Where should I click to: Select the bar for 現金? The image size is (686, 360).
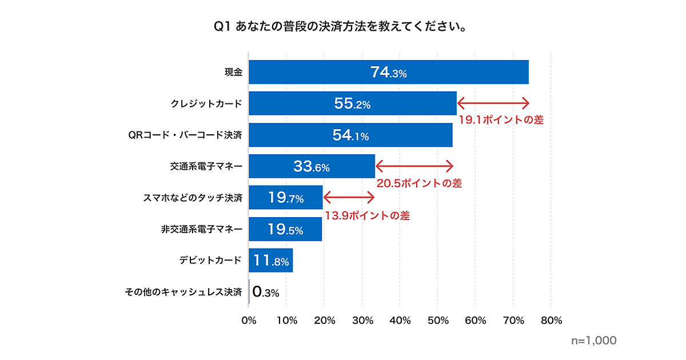pyautogui.click(x=389, y=72)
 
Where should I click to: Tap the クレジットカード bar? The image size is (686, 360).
pyautogui.click(x=353, y=103)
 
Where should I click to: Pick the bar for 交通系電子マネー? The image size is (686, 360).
pyautogui.click(x=312, y=166)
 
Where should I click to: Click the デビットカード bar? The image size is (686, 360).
pyautogui.click(x=271, y=261)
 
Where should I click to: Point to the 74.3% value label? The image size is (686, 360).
pyautogui.click(x=388, y=73)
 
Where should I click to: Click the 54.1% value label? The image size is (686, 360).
pyautogui.click(x=350, y=135)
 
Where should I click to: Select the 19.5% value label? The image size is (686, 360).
pyautogui.click(x=285, y=230)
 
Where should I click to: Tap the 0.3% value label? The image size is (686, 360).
pyautogui.click(x=266, y=293)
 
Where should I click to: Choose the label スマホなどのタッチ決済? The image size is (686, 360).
pyautogui.click(x=192, y=198)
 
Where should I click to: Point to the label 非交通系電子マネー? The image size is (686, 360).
pyautogui.click(x=202, y=230)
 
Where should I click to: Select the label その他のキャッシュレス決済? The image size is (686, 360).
pyautogui.click(x=184, y=293)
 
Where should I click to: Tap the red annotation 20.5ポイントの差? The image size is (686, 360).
pyautogui.click(x=419, y=183)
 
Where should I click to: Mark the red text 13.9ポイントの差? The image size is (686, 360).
pyautogui.click(x=367, y=216)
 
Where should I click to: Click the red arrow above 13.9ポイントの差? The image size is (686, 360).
pyautogui.click(x=349, y=198)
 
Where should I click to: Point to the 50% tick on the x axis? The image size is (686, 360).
pyautogui.click(x=437, y=321)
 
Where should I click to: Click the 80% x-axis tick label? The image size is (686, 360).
pyautogui.click(x=551, y=321)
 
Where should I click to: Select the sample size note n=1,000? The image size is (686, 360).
pyautogui.click(x=594, y=341)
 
